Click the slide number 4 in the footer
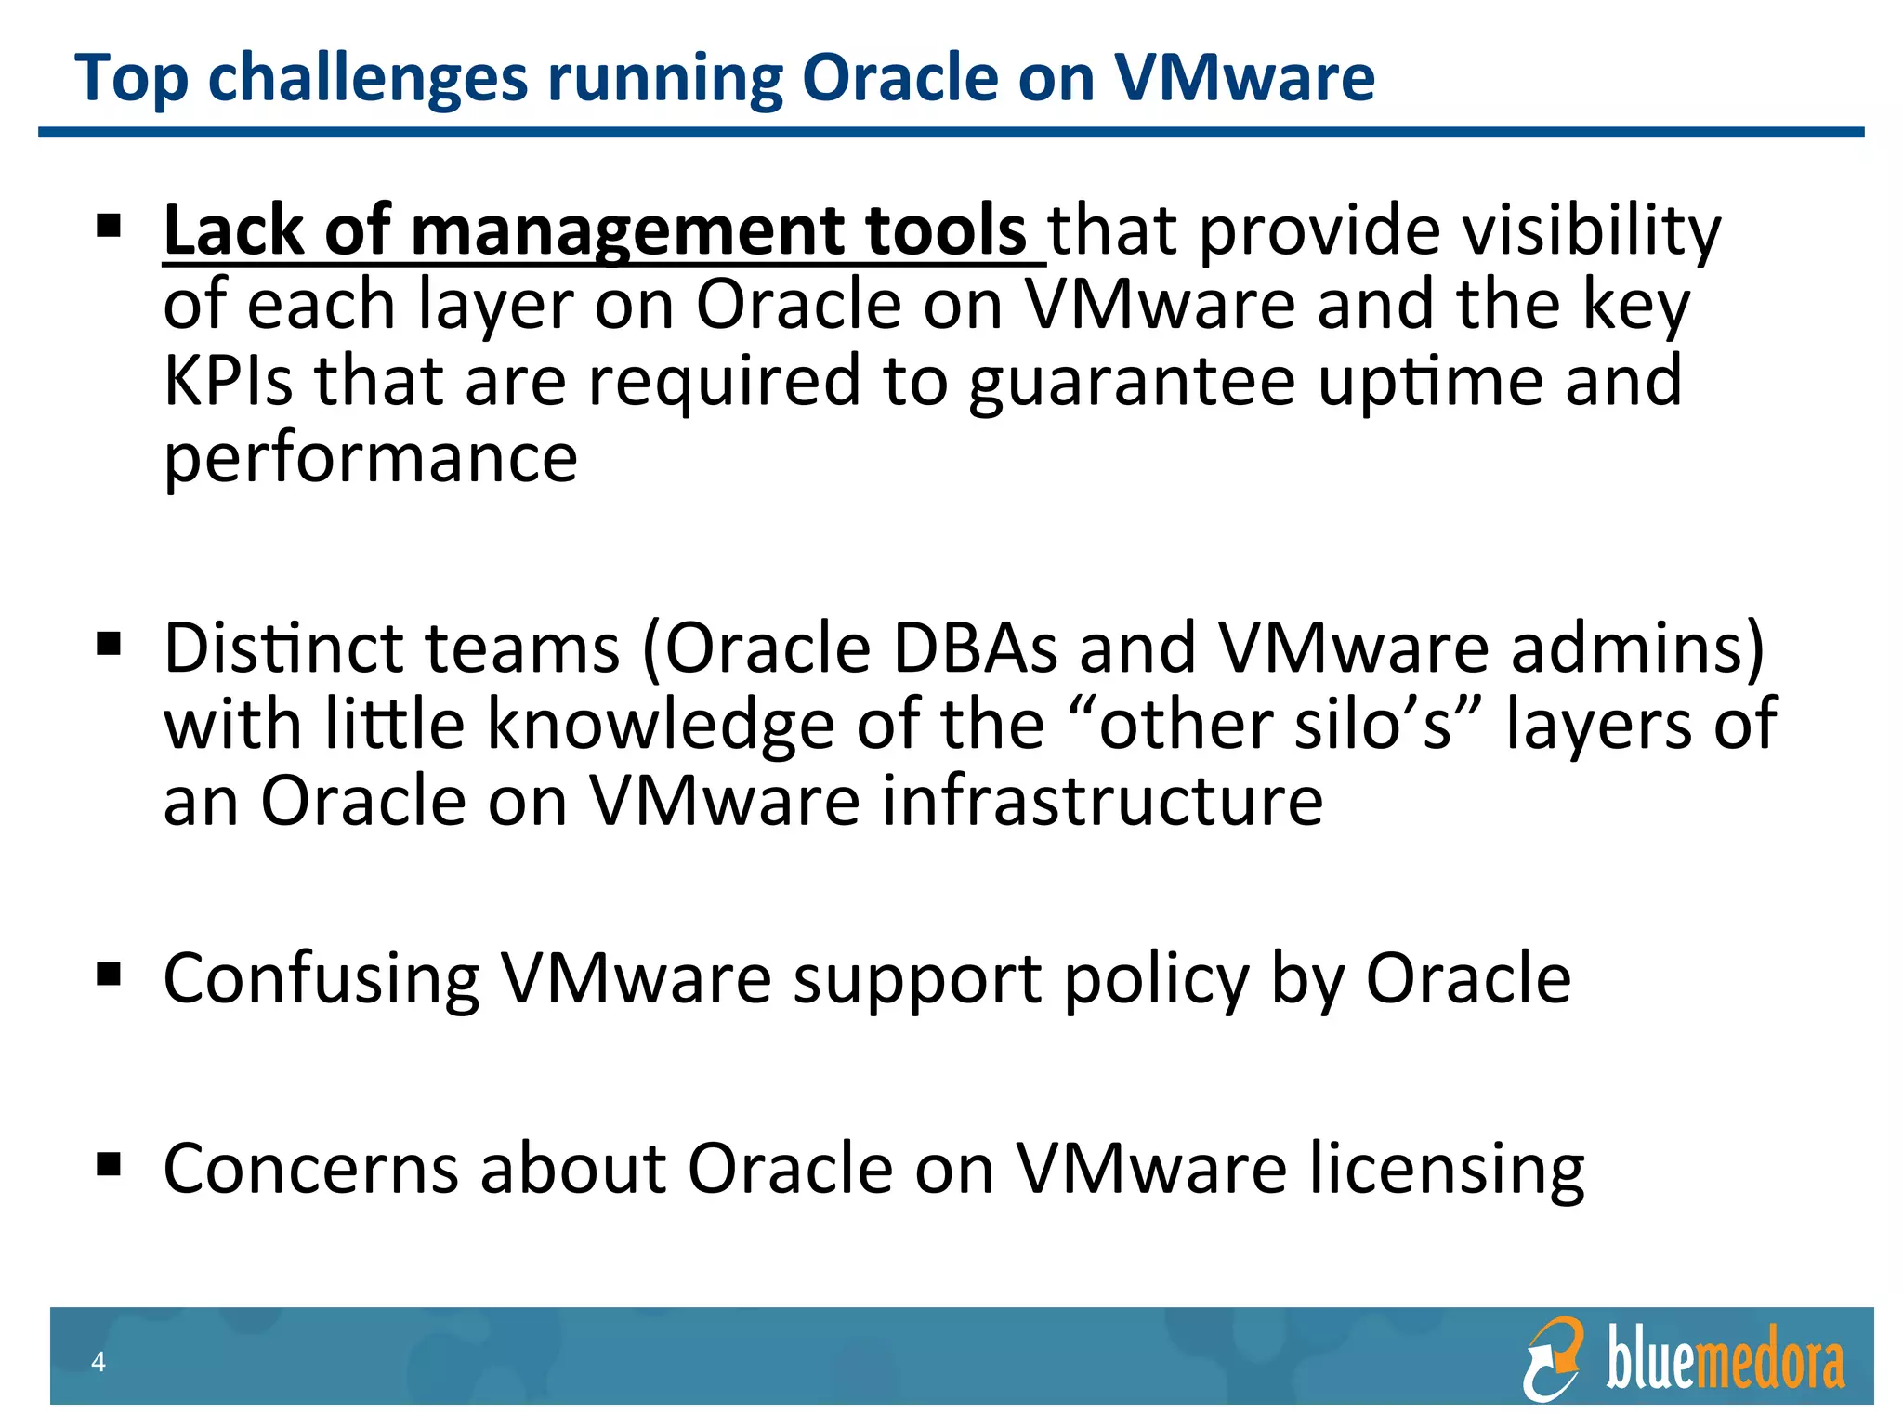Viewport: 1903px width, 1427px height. click(x=98, y=1362)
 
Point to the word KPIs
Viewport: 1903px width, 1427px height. click(x=228, y=381)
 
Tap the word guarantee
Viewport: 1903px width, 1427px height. click(x=1131, y=383)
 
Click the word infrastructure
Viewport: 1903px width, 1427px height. click(x=1102, y=800)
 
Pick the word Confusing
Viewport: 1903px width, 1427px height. click(x=322, y=979)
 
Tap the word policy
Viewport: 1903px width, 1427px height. click(x=1156, y=979)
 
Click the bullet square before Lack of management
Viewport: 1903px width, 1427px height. click(x=109, y=226)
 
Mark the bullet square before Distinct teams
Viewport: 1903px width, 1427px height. click(x=109, y=644)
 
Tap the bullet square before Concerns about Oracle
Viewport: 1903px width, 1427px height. click(x=109, y=1163)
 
